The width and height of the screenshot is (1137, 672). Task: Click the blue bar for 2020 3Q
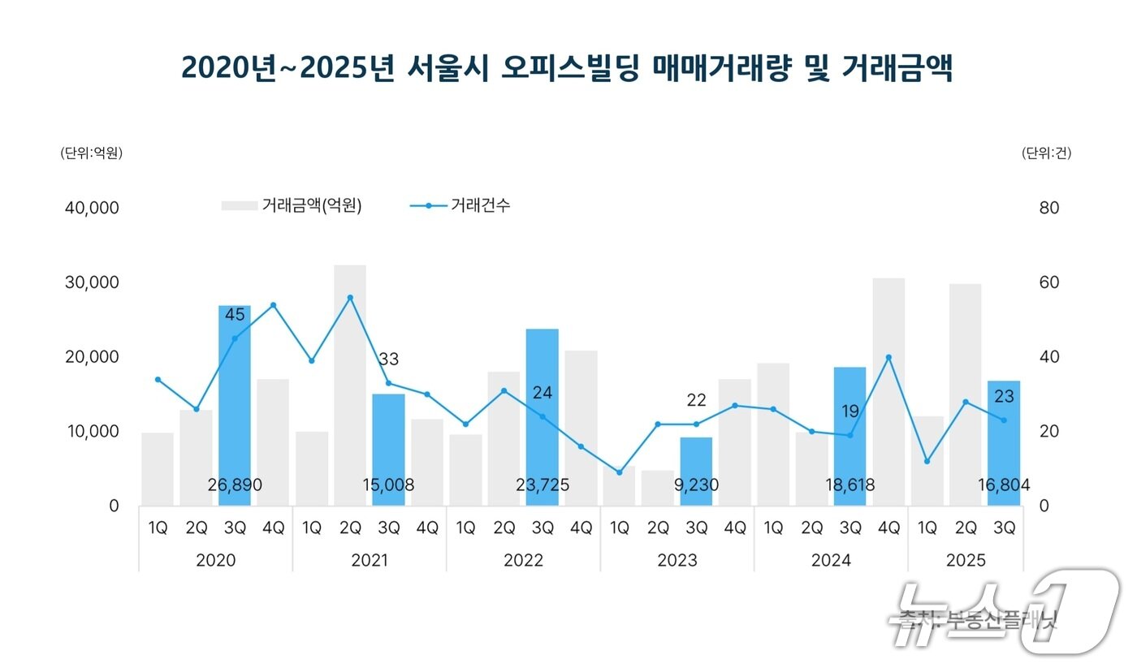click(235, 406)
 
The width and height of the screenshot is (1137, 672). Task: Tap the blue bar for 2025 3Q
click(1004, 442)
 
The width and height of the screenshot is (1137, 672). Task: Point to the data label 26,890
click(235, 485)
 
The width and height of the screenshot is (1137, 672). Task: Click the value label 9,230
click(697, 485)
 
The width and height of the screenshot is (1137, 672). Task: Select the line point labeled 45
click(235, 338)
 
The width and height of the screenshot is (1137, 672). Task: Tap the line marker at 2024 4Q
click(888, 357)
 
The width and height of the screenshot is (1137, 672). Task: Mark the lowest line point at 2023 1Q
click(620, 472)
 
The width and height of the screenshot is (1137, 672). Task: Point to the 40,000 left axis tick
click(91, 208)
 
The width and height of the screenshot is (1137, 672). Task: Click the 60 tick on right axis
click(1049, 282)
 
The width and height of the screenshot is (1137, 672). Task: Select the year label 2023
click(677, 561)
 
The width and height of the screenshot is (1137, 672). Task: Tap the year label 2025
click(966, 561)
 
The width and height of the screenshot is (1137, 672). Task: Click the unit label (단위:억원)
click(91, 153)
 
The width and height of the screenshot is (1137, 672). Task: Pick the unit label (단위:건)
click(1046, 153)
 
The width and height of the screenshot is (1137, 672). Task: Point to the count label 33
click(388, 360)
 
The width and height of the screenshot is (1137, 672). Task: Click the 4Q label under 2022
click(581, 528)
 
